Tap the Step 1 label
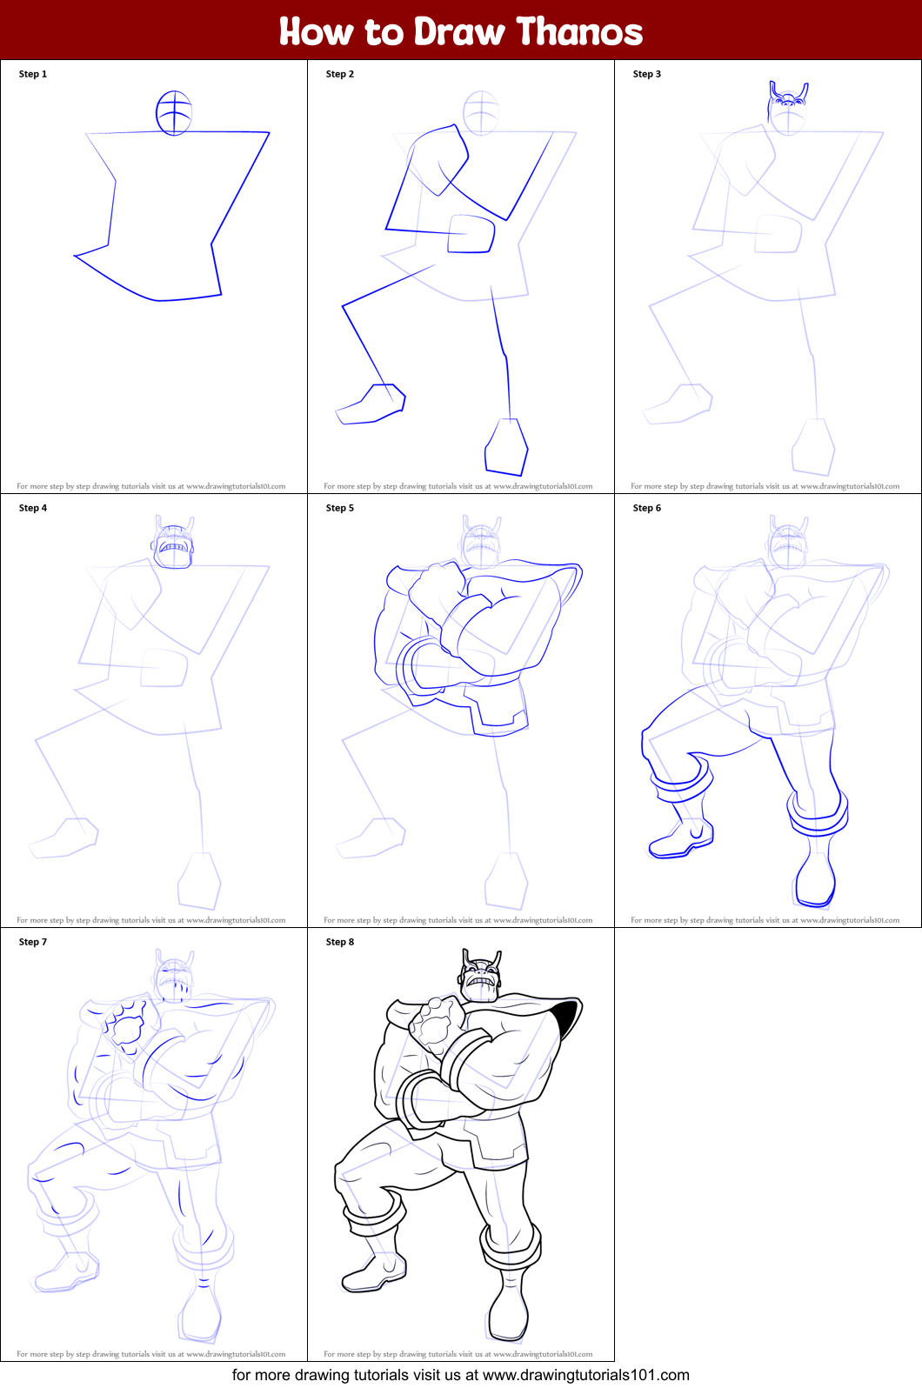click(33, 74)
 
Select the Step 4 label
click(33, 508)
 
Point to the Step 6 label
click(646, 508)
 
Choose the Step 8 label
click(339, 942)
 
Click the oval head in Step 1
click(174, 113)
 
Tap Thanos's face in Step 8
click(480, 983)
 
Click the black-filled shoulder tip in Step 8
click(565, 1013)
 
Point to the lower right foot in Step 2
click(506, 447)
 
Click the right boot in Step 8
click(510, 1305)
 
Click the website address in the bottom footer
click(585, 1375)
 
